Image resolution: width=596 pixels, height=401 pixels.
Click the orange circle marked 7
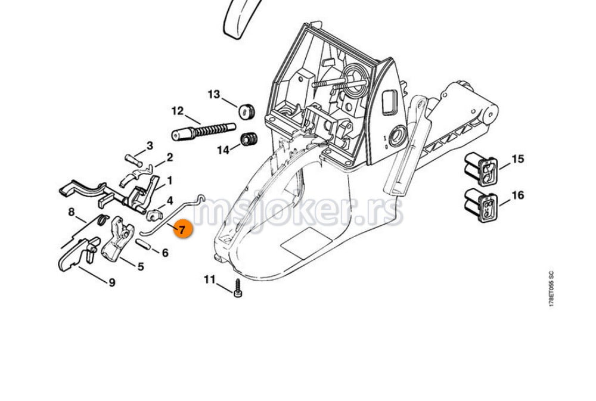182,229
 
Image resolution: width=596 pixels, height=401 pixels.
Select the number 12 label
178,111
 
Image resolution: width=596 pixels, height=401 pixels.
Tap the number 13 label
213,94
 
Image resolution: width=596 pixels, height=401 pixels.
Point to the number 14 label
223,150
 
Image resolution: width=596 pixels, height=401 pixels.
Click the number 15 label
517,159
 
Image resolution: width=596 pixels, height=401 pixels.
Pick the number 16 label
517,195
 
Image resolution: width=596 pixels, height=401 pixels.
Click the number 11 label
209,279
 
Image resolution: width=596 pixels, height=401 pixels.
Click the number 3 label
150,145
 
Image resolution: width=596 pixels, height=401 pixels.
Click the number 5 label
141,266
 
